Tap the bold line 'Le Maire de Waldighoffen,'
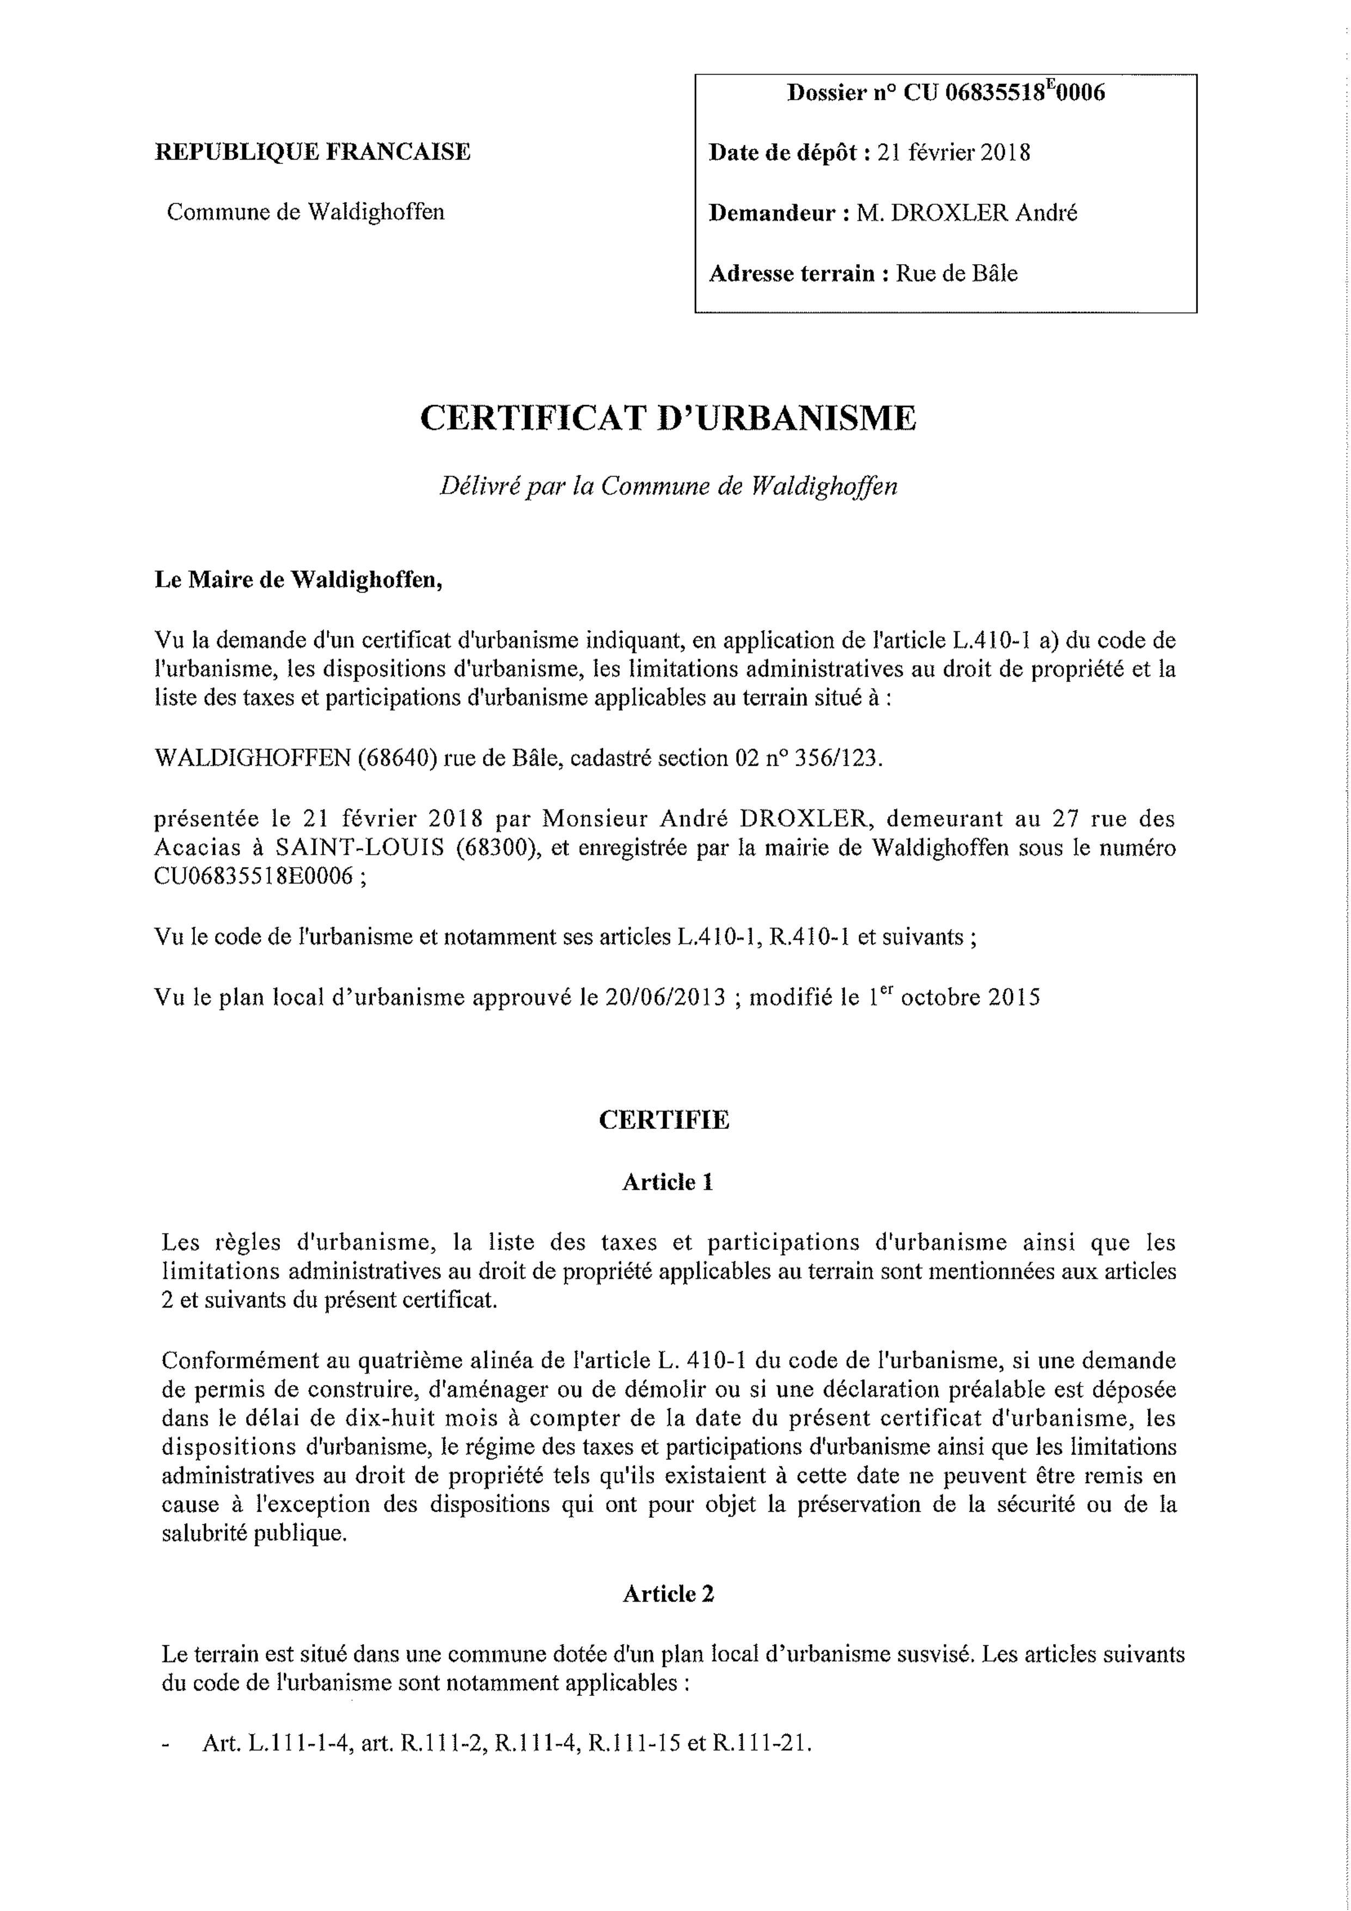pyautogui.click(x=298, y=580)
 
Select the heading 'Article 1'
pyautogui.click(x=668, y=1182)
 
